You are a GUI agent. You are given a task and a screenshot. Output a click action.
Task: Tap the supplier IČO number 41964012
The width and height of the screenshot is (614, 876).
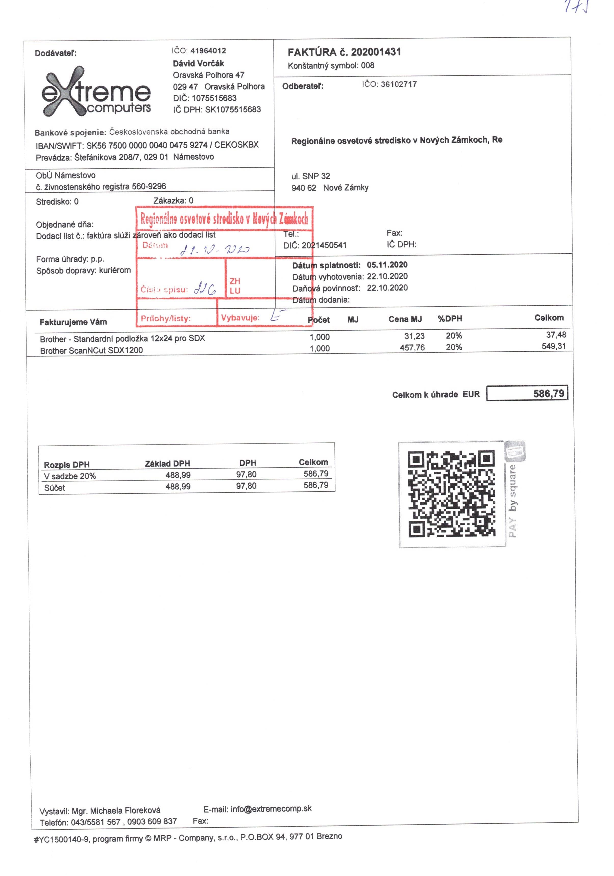click(x=208, y=51)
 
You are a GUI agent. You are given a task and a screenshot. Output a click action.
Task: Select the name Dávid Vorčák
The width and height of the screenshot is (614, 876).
click(x=199, y=63)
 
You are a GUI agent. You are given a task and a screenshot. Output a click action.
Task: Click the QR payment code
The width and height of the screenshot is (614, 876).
click(x=451, y=494)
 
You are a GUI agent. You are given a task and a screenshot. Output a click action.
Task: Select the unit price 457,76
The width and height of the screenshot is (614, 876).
click(x=412, y=348)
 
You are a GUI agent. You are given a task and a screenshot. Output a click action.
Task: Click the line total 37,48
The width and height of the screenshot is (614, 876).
click(x=556, y=335)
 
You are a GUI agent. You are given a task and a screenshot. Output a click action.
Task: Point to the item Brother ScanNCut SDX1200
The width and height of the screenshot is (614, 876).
click(x=92, y=350)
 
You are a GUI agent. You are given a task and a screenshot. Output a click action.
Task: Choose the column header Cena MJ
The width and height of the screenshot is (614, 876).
click(x=405, y=319)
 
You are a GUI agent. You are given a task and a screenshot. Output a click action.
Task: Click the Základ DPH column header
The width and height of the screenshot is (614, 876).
click(x=167, y=464)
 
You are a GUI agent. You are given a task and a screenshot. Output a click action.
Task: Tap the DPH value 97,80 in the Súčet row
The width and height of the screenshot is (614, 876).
click(x=246, y=486)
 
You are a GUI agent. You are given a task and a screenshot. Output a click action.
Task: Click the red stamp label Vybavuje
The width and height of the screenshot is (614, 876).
click(x=240, y=317)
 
